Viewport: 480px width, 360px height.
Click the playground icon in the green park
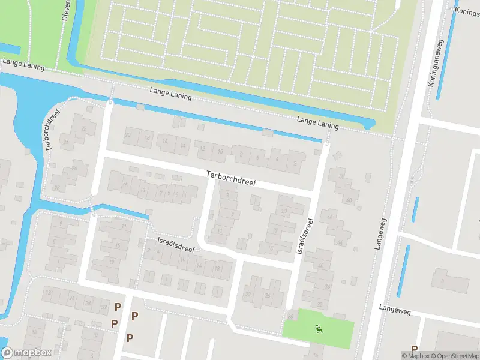(319, 328)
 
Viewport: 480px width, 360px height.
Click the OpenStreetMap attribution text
(453, 356)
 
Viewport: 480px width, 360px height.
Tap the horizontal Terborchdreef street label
(230, 178)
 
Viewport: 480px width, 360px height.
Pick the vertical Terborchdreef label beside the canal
(52, 131)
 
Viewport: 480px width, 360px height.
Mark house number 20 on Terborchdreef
(127, 135)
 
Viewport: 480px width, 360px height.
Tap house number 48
(349, 200)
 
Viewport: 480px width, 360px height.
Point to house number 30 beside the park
(291, 316)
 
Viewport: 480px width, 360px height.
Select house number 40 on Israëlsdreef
(321, 266)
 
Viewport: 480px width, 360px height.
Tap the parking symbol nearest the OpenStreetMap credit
(414, 349)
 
